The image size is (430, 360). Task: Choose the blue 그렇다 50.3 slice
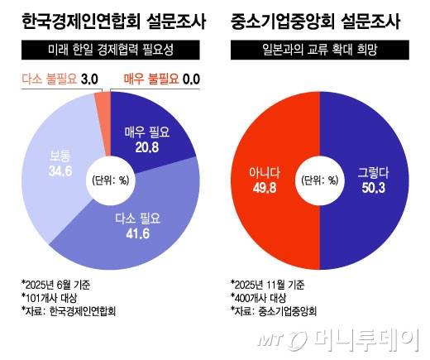click(376, 178)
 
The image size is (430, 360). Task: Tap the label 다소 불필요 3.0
click(52, 79)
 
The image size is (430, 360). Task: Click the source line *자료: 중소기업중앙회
click(273, 312)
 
